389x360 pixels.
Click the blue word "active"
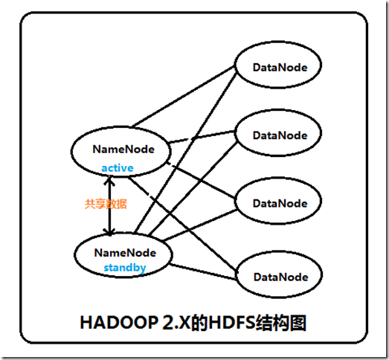point(118,168)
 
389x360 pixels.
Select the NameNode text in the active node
point(123,149)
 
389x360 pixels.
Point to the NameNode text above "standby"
point(123,252)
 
